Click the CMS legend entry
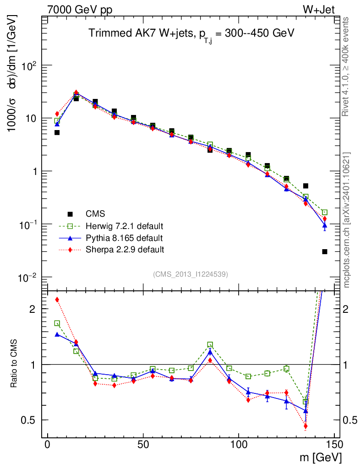point(95,214)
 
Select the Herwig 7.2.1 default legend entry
point(125,226)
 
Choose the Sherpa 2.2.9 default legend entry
point(125,250)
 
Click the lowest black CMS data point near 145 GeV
point(325,251)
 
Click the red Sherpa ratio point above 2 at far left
point(57,300)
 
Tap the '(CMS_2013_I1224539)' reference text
point(191,274)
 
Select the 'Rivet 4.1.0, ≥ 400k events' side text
point(346,66)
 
